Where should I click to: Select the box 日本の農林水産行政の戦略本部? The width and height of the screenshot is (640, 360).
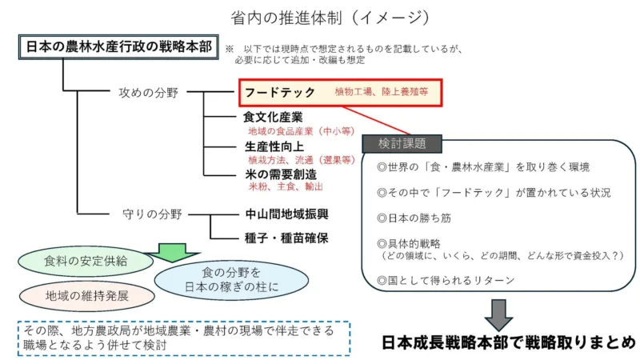(x=117, y=47)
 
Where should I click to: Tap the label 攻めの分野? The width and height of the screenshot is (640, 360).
(x=149, y=93)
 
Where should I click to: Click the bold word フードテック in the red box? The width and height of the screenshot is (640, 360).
(x=279, y=92)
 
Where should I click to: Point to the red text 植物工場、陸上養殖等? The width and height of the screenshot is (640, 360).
(x=382, y=93)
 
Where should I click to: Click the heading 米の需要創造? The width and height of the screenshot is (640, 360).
(x=279, y=174)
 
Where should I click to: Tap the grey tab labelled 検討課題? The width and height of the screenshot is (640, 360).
(x=400, y=144)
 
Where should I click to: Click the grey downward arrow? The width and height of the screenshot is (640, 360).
(x=498, y=315)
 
